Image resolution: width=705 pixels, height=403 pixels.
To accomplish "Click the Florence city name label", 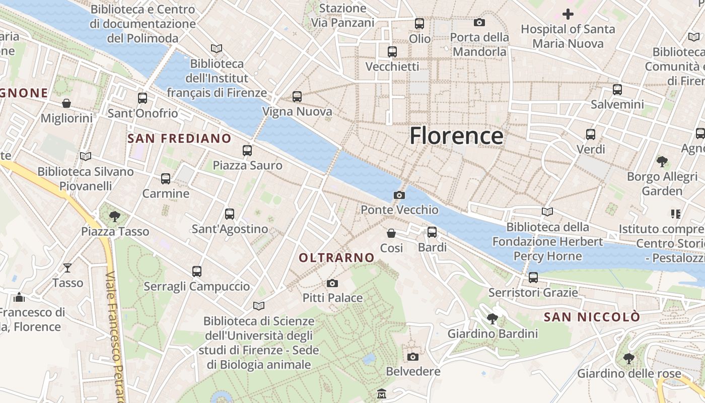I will coord(456,136).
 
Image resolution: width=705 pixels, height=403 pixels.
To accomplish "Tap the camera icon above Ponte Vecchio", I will coord(399,195).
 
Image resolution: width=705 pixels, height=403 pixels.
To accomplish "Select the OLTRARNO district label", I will coord(337,258).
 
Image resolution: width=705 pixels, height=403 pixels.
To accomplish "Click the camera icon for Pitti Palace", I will coord(332,283).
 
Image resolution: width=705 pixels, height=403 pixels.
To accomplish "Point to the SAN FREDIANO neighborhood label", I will coord(179,139).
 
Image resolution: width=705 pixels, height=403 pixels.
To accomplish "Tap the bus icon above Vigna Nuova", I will coord(297,96).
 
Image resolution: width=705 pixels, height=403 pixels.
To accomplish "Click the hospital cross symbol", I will coord(568,14).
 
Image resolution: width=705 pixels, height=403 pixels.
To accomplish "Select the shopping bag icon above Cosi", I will coord(391,233).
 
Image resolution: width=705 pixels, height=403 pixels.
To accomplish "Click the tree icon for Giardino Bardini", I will coord(492,318).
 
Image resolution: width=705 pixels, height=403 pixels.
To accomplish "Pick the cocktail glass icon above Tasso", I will coord(67,267).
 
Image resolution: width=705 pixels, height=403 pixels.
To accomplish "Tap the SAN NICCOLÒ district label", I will coord(592,317).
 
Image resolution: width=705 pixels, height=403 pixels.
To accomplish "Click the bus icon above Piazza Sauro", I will coord(247,150).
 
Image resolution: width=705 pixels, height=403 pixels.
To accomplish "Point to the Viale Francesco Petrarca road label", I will coord(115,338).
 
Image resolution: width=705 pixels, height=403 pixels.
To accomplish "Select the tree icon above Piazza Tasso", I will coord(115,217).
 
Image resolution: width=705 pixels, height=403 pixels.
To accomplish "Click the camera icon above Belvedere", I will coord(413,357).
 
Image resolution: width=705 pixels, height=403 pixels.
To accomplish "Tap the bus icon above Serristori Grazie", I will coord(533,277).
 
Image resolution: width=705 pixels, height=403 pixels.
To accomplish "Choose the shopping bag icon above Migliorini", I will coord(66,103).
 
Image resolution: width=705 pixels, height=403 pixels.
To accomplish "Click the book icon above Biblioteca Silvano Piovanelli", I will coord(85,157).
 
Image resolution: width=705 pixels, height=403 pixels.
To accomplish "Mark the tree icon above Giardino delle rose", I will coord(628,358).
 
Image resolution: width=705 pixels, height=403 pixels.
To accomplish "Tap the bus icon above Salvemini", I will coord(617,90).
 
